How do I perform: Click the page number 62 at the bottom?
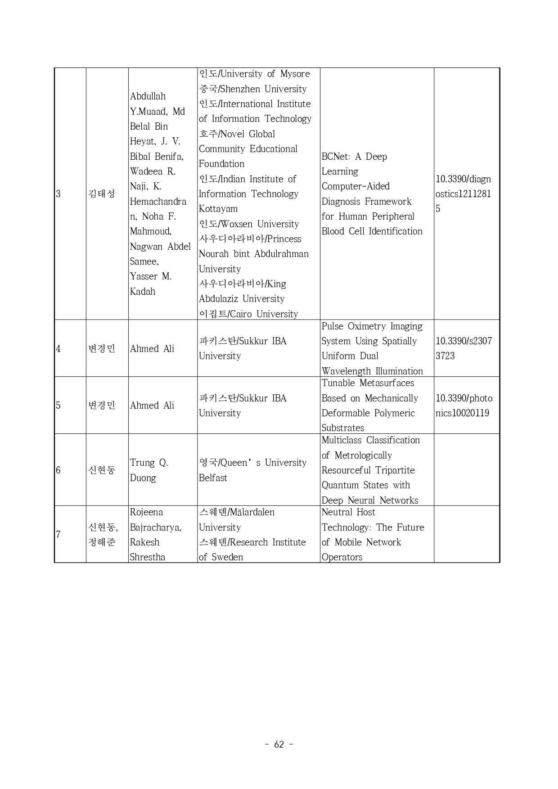coord(279,744)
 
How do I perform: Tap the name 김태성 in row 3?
coord(102,194)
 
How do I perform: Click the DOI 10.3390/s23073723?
coord(463,348)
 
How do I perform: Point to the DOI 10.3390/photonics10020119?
coord(463,406)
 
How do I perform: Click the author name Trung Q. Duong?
coord(149,470)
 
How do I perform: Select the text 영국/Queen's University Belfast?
coord(252,470)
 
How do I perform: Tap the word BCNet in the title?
coord(335,157)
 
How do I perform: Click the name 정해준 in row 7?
coord(102,542)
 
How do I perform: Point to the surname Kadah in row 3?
coord(143,292)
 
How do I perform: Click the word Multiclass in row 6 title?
coord(342,440)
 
